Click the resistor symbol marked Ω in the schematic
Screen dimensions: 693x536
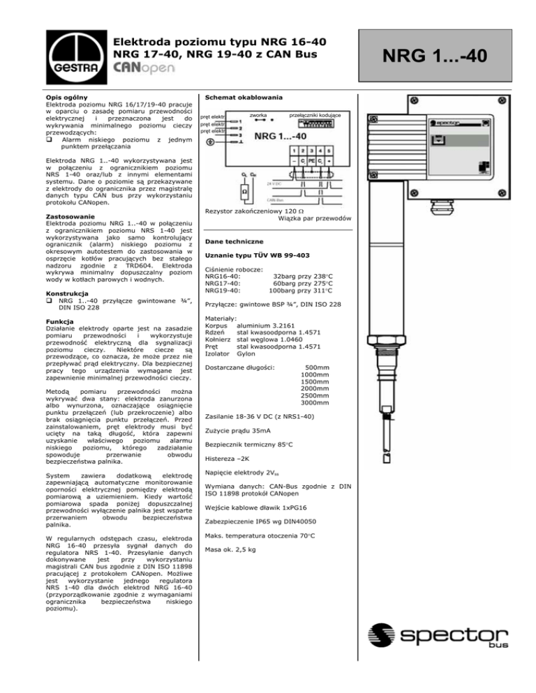click(246, 190)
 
